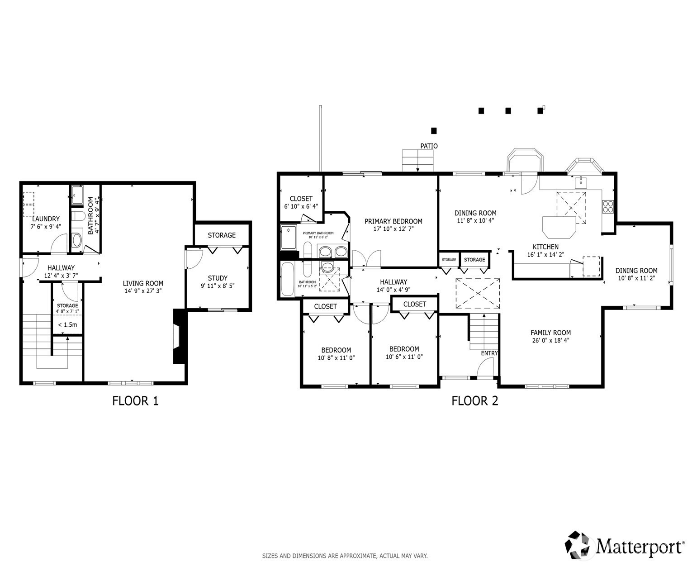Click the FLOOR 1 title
135,401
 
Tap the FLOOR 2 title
474,401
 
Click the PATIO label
429,146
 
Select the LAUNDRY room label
46,219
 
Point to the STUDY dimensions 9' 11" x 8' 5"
218,286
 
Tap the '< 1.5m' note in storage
67,325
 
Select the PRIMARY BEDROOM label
393,221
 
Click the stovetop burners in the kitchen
608,206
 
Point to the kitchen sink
581,182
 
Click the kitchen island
559,227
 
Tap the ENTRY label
489,353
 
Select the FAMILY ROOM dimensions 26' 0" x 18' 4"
550,340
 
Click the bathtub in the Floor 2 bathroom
288,279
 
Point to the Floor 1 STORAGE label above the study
222,235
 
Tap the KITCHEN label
545,247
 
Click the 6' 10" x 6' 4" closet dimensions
301,206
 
